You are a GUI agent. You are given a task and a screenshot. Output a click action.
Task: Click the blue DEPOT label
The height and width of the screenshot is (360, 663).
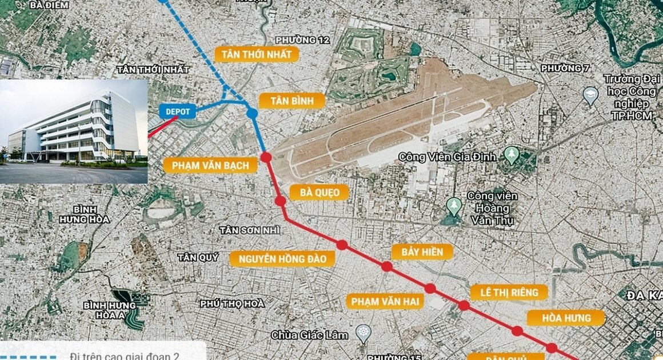coord(177,111)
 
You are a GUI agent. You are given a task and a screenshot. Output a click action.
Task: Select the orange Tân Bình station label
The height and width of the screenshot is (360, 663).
coord(291,101)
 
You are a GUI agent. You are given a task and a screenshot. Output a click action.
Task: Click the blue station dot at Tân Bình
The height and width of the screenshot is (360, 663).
coord(252,113)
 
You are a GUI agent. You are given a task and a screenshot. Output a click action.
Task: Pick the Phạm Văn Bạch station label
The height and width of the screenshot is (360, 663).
coord(210,166)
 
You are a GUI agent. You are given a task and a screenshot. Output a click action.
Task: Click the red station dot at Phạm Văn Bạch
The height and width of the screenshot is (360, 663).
coord(266,157)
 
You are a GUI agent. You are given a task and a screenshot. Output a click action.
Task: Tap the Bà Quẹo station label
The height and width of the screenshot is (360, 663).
coord(319,193)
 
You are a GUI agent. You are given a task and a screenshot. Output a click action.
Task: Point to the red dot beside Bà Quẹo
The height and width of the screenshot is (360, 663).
coord(280,201)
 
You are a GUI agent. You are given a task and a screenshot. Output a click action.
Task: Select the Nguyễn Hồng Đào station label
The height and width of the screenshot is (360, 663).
coord(282,259)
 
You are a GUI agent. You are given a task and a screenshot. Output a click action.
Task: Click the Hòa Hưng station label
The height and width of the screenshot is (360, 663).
coord(558,318)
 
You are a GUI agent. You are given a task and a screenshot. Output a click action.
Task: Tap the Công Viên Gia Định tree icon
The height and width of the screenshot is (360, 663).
coord(512,155)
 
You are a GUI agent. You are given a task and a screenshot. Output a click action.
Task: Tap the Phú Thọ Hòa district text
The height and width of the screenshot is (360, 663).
coord(232,303)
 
